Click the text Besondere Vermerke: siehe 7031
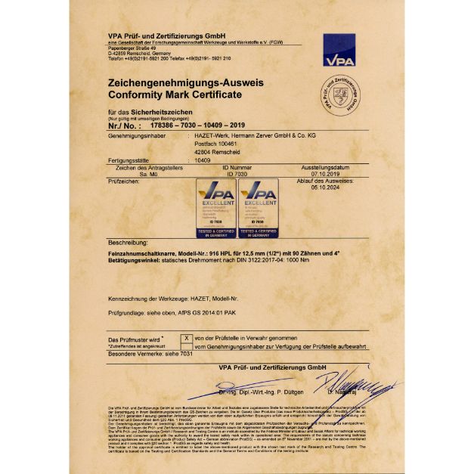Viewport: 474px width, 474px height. [x=142, y=353]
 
